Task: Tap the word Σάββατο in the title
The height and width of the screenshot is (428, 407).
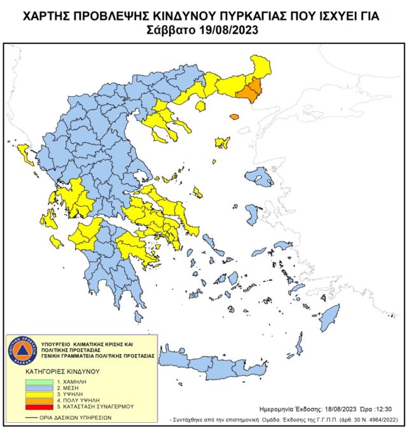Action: [171, 29]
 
